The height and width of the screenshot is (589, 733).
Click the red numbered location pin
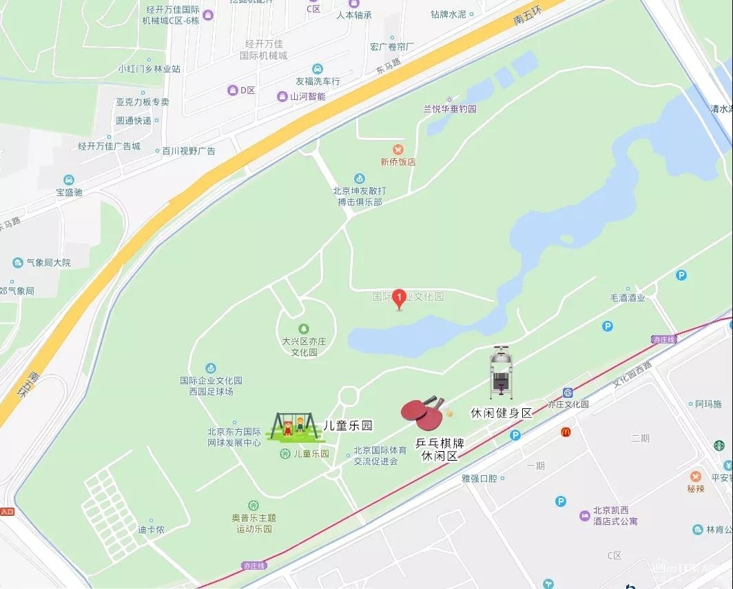[x=398, y=299]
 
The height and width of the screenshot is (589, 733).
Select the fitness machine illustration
[x=501, y=374]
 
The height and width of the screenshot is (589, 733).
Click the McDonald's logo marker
[x=566, y=432]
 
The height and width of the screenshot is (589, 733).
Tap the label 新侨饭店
[x=398, y=162]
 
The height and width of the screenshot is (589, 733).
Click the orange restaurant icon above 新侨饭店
[x=398, y=150]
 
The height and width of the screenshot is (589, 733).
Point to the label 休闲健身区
[x=502, y=413]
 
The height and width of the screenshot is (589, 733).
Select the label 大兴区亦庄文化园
[x=303, y=346]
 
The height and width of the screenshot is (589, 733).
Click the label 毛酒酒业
[x=627, y=298]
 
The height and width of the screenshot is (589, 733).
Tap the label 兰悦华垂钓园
[x=449, y=109]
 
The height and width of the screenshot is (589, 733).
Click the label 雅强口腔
[x=479, y=478]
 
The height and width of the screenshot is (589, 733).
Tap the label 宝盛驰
[x=69, y=192]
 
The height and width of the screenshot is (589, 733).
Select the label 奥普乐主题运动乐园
[x=254, y=523]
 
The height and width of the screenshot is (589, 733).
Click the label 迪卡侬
[x=151, y=530]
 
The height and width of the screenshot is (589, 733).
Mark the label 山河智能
[x=307, y=97]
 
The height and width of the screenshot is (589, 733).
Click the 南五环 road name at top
[x=528, y=13]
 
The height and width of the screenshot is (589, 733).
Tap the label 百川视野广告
[x=188, y=150]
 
